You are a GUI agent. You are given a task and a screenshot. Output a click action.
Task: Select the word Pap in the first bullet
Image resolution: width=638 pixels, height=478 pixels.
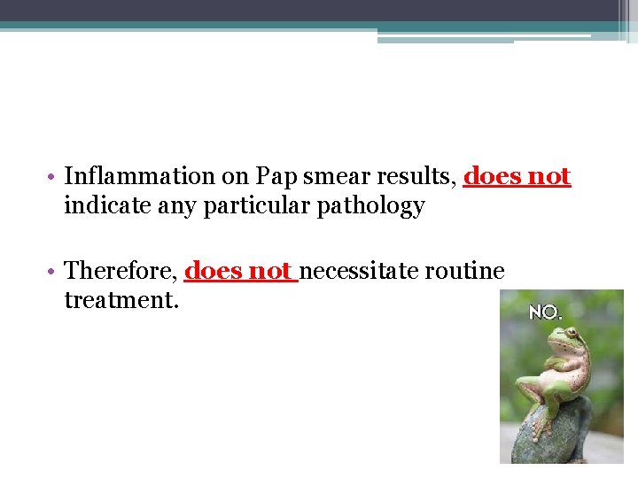(279, 177)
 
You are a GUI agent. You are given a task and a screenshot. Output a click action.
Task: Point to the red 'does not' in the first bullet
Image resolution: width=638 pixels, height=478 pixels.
(517, 177)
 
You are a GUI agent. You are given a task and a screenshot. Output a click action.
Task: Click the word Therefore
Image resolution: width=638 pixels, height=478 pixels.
(120, 270)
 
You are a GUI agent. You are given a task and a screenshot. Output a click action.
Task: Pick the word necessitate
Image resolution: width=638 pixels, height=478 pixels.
(360, 270)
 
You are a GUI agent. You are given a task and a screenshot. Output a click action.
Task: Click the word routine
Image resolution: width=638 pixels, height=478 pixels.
(465, 270)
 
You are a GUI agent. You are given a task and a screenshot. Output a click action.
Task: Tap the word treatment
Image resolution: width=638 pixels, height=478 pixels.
(121, 301)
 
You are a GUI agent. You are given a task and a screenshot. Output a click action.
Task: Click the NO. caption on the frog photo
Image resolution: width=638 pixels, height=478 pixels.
(545, 312)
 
